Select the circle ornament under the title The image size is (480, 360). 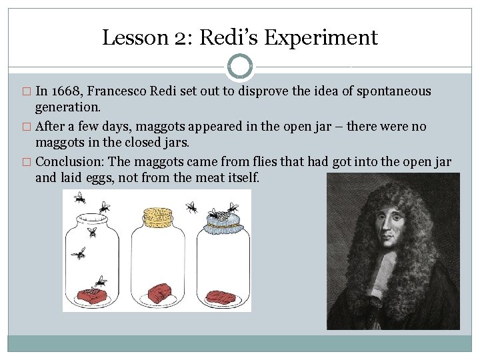(x=240, y=67)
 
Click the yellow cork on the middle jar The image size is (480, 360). (x=158, y=216)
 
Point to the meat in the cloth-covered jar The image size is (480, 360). (x=221, y=295)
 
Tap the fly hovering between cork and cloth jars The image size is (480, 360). (x=192, y=208)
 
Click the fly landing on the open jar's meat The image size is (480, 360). (x=100, y=283)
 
